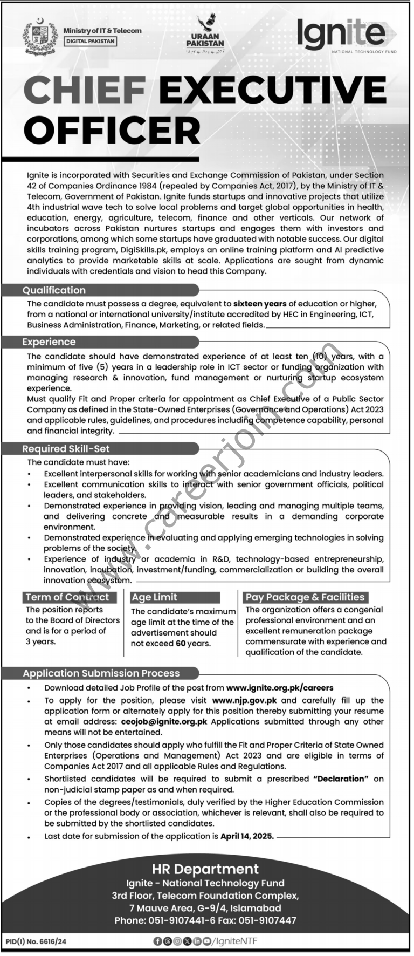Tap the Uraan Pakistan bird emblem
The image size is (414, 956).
pyautogui.click(x=206, y=25)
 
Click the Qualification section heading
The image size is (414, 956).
pyautogui.click(x=54, y=290)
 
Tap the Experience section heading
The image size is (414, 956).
pyautogui.click(x=49, y=342)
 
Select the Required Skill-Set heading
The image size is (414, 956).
pyautogui.click(x=66, y=449)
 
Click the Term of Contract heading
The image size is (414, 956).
pyautogui.click(x=67, y=597)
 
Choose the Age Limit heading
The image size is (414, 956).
pyautogui.click(x=154, y=597)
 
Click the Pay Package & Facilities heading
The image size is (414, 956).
pyautogui.click(x=305, y=597)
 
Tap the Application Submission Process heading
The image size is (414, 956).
pyautogui.click(x=101, y=673)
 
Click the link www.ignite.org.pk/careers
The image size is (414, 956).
pyautogui.click(x=280, y=688)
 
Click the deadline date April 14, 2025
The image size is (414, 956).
pyautogui.click(x=247, y=836)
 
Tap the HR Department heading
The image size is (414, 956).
pyautogui.click(x=205, y=869)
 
